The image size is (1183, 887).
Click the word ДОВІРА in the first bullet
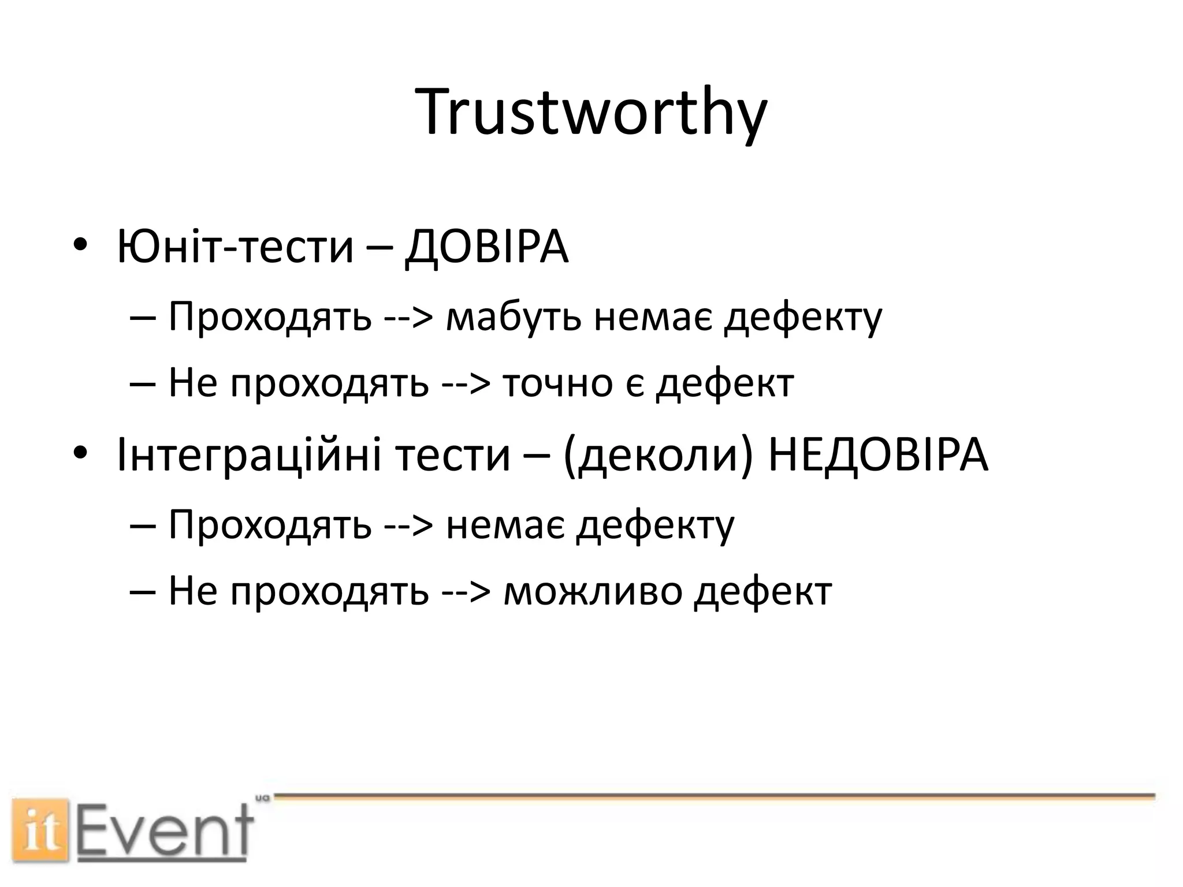point(486,247)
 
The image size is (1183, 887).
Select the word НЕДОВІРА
point(878,456)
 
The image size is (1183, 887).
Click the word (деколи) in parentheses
point(659,456)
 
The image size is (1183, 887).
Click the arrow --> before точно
point(466,383)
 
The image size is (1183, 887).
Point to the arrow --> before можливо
point(466,592)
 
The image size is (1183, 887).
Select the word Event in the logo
point(165,832)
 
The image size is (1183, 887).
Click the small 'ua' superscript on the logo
point(263,798)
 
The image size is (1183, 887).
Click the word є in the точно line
point(634,383)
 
